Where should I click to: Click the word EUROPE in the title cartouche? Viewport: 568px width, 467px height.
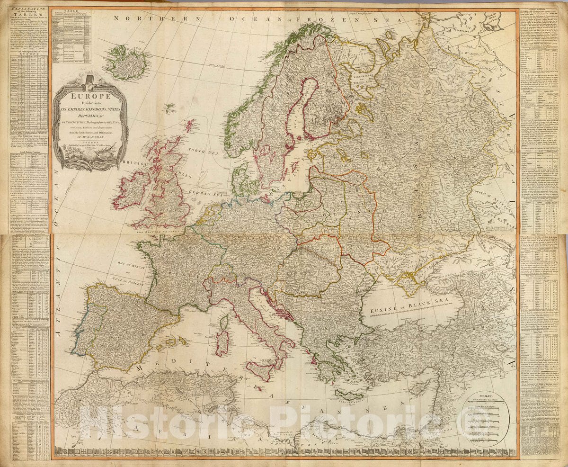(x=90, y=96)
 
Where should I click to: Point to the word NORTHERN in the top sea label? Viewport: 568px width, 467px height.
(x=138, y=18)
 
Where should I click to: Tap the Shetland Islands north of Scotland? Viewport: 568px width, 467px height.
(x=190, y=125)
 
